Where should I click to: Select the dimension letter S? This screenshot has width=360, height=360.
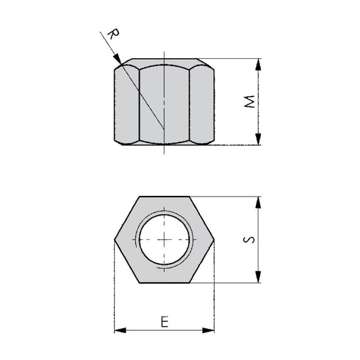click(250, 240)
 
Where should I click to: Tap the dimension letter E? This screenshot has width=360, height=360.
click(164, 322)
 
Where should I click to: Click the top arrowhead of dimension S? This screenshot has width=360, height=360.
click(258, 201)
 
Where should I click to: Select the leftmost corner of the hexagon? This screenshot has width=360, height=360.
click(114, 240)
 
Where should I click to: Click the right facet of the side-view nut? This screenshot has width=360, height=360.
click(201, 103)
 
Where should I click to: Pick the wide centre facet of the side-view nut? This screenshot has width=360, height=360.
click(164, 103)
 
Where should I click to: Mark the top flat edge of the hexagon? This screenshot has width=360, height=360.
click(164, 197)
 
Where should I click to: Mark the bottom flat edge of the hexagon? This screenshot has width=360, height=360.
click(164, 283)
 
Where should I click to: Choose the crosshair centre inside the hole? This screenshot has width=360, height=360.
click(163, 240)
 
